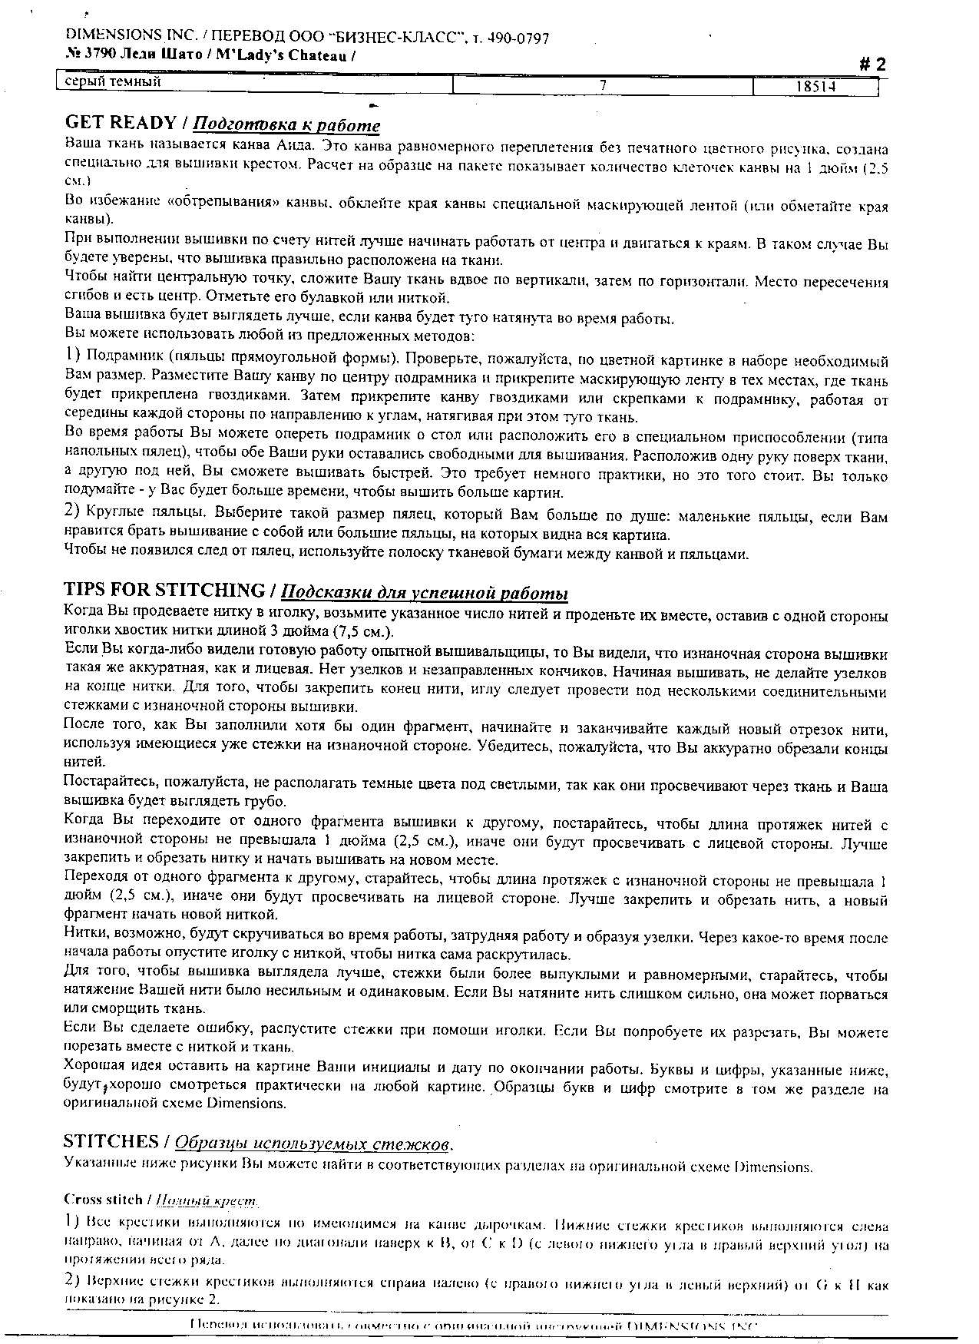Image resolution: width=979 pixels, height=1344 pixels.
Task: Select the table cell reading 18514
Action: [815, 87]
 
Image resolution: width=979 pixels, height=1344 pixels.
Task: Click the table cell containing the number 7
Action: [604, 86]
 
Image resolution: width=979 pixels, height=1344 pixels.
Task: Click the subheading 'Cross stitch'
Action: [103, 1199]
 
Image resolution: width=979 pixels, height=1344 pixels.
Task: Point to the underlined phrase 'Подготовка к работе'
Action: [286, 124]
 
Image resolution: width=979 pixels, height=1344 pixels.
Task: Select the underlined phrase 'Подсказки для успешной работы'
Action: [425, 592]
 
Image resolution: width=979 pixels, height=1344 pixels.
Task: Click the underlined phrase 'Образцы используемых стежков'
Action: [312, 1144]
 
